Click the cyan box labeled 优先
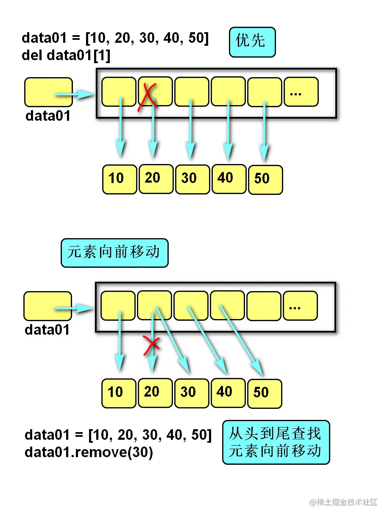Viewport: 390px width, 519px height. [x=252, y=42]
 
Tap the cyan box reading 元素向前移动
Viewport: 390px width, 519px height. [x=114, y=253]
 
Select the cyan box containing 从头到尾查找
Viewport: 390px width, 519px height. [x=276, y=442]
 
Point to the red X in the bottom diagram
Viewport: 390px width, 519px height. [x=151, y=345]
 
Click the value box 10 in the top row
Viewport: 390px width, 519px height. [x=120, y=179]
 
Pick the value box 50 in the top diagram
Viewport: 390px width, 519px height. [x=265, y=180]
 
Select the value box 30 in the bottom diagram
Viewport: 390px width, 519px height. [x=192, y=393]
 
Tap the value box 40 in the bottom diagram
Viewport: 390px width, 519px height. [x=228, y=392]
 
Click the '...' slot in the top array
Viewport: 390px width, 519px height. [x=301, y=92]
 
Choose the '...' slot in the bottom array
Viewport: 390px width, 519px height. [x=300, y=305]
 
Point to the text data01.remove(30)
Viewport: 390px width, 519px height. [x=89, y=452]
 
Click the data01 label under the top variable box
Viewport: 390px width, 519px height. [x=48, y=116]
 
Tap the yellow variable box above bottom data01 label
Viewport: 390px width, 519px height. [x=47, y=306]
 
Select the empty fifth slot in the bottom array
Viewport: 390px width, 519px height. [x=264, y=305]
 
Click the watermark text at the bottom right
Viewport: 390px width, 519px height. [x=343, y=502]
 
